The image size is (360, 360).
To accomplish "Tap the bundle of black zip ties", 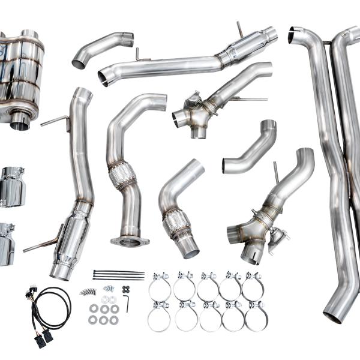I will pyautogui.click(x=118, y=275).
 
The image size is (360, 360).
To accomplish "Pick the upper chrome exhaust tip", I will pyautogui.click(x=12, y=187).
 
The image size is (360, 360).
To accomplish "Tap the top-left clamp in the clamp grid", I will pyautogui.click(x=160, y=286).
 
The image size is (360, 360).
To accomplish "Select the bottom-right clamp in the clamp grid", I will pyautogui.click(x=256, y=316).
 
